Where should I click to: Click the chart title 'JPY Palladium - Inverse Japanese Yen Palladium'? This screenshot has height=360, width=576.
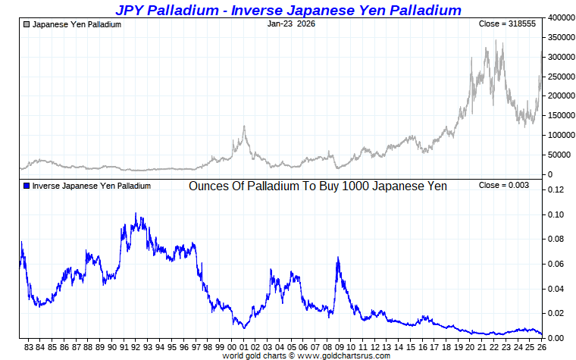coord(288,10)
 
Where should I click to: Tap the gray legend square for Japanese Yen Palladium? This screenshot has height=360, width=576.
coord(27,24)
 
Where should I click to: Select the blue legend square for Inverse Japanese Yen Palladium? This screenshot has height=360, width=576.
coord(27,186)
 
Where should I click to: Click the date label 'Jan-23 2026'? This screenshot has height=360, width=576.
coord(291,23)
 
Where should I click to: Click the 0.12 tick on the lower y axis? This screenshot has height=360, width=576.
coord(556,189)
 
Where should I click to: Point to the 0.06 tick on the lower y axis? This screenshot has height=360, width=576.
coord(556,264)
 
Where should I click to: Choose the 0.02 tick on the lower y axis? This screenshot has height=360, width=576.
coord(556,313)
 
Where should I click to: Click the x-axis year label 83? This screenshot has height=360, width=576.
coord(27,348)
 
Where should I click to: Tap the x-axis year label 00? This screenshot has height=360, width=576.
coord(231,348)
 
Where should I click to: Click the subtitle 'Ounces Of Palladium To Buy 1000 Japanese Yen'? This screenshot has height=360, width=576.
coord(318,186)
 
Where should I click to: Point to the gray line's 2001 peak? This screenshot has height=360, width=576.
coord(244,127)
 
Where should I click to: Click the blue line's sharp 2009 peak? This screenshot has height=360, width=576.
coord(337,258)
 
